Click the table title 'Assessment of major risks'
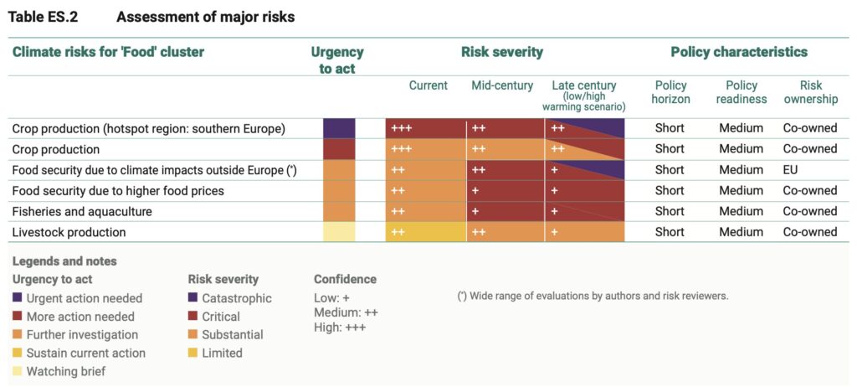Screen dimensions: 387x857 pyautogui.click(x=205, y=17)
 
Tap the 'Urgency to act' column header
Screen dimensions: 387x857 pyautogui.click(x=337, y=59)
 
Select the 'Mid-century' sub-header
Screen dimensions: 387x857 pyautogui.click(x=502, y=85)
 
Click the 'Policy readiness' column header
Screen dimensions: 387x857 pyautogui.click(x=741, y=92)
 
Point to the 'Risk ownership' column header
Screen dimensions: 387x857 pyautogui.click(x=810, y=92)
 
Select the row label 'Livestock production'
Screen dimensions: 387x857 pyautogui.click(x=69, y=232)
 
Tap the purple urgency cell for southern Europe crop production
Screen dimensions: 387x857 pyautogui.click(x=339, y=128)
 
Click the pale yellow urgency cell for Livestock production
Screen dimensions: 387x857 pyautogui.click(x=339, y=232)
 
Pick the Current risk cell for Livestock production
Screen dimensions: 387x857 pyautogui.click(x=425, y=232)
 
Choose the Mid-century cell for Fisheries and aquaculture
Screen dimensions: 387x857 pyautogui.click(x=505, y=211)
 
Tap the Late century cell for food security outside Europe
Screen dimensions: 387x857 pyautogui.click(x=585, y=169)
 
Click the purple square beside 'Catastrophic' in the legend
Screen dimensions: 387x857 pyautogui.click(x=194, y=298)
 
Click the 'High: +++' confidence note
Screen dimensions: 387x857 pyautogui.click(x=340, y=328)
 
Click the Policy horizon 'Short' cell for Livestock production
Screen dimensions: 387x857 pyautogui.click(x=670, y=232)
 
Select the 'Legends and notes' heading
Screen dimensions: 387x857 pyautogui.click(x=64, y=261)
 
